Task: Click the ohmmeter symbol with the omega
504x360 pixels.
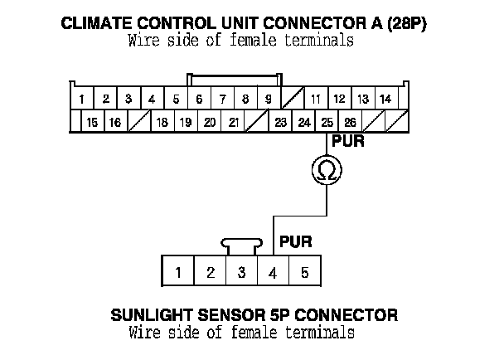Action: [x=327, y=170]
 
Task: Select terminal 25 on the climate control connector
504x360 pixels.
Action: [x=327, y=122]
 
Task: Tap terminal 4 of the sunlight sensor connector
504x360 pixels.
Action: [x=273, y=271]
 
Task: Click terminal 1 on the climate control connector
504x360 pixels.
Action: [x=83, y=100]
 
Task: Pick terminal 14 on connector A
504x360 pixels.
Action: [x=385, y=100]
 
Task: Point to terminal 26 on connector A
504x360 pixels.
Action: [x=351, y=122]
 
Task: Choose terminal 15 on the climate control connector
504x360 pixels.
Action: [x=92, y=122]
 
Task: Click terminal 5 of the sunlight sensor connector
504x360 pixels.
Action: [x=304, y=271]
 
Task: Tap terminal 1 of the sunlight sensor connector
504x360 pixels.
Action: [x=178, y=271]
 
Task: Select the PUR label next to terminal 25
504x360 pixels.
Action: [x=348, y=141]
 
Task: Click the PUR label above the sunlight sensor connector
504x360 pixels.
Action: [x=296, y=243]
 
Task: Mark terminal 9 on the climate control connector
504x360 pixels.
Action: [x=269, y=100]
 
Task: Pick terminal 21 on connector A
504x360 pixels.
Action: [x=234, y=122]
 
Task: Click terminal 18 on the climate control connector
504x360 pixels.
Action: [x=162, y=122]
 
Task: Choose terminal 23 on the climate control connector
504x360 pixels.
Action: [x=281, y=122]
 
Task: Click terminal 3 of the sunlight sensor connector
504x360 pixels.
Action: [x=241, y=271]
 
